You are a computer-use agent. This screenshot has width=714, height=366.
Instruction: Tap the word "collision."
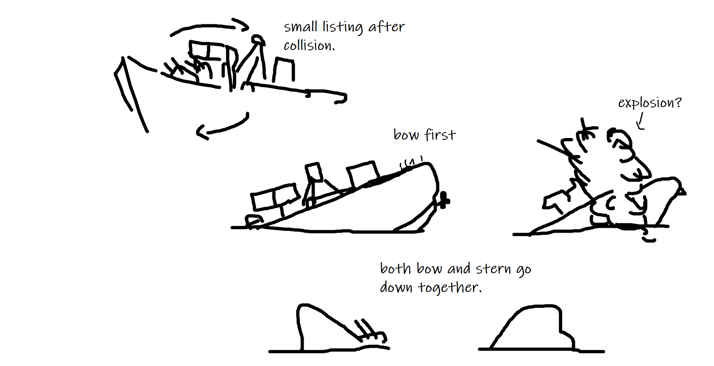click(309, 45)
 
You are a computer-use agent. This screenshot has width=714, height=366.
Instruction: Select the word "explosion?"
click(650, 103)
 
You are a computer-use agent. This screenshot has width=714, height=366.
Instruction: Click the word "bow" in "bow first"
click(406, 134)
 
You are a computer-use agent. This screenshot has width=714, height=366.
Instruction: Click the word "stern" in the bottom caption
click(493, 269)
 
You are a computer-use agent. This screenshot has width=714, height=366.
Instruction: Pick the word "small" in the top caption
click(300, 27)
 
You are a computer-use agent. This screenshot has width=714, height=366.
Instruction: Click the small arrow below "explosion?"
click(640, 121)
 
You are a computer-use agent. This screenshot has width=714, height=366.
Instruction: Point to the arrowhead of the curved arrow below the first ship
click(202, 132)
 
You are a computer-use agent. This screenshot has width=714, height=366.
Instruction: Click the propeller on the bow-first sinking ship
click(443, 200)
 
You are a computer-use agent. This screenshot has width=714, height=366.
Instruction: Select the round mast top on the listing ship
click(257, 40)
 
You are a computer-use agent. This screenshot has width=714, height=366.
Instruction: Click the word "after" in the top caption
click(386, 27)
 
